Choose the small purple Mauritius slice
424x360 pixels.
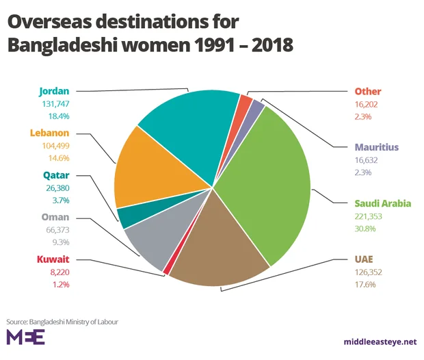click(x=258, y=106)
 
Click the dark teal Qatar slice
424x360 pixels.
click(x=128, y=217)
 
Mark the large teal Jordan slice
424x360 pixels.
click(x=191, y=123)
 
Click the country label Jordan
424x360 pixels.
click(x=54, y=90)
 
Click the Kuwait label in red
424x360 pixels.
click(x=54, y=260)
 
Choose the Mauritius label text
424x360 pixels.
click(x=376, y=147)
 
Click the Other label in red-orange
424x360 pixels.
click(x=368, y=92)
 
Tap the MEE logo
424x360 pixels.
click(x=25, y=337)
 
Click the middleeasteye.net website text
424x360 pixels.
click(x=380, y=340)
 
